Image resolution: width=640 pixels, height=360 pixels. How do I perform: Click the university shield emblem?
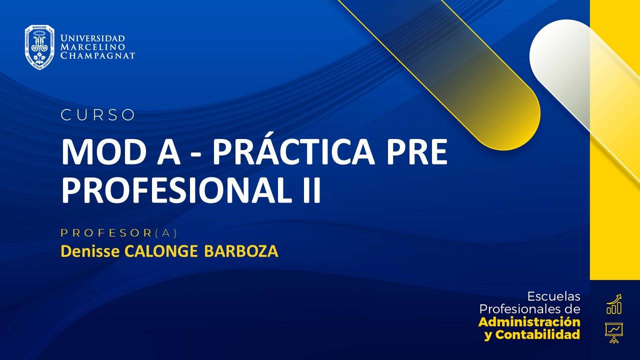[x=39, y=47]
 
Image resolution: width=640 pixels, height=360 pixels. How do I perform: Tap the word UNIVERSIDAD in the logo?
[x=92, y=38]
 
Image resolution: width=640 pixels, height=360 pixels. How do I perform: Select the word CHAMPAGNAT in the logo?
[x=97, y=55]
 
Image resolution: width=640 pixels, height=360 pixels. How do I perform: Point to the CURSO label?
[x=98, y=115]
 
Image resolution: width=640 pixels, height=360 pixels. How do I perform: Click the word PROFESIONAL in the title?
[x=172, y=190]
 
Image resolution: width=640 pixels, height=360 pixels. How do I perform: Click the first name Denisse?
[x=90, y=251]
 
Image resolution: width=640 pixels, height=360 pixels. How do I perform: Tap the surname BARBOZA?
[x=241, y=251]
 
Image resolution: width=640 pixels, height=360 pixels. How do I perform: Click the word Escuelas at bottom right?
[x=554, y=296]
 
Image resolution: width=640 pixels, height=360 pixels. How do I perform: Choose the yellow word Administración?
[x=529, y=321]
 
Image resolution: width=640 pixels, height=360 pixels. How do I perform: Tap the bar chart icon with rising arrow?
[x=614, y=304]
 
